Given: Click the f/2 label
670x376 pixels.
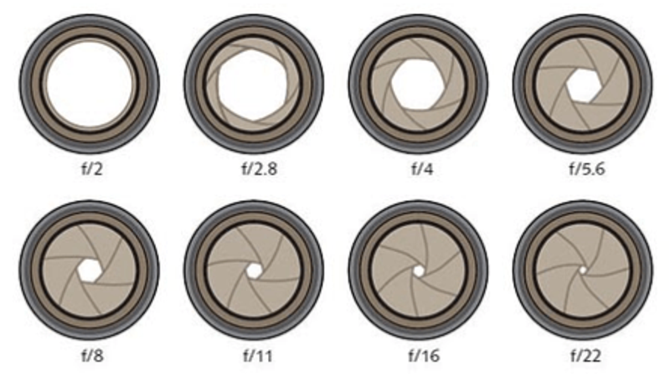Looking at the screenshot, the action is click(x=92, y=169).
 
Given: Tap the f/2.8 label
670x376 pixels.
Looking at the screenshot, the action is click(x=260, y=168).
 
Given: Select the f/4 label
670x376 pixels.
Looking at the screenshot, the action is click(x=422, y=169).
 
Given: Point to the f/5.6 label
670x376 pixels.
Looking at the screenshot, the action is click(x=587, y=169).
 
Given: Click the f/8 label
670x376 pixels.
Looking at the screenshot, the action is click(x=92, y=356).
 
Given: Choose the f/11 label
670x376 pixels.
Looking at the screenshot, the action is click(x=257, y=356).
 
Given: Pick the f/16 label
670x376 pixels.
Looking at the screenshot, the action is click(x=424, y=356).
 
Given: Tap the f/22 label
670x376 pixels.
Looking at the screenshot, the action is click(x=585, y=356).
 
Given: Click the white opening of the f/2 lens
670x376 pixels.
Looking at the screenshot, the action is click(x=90, y=85).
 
